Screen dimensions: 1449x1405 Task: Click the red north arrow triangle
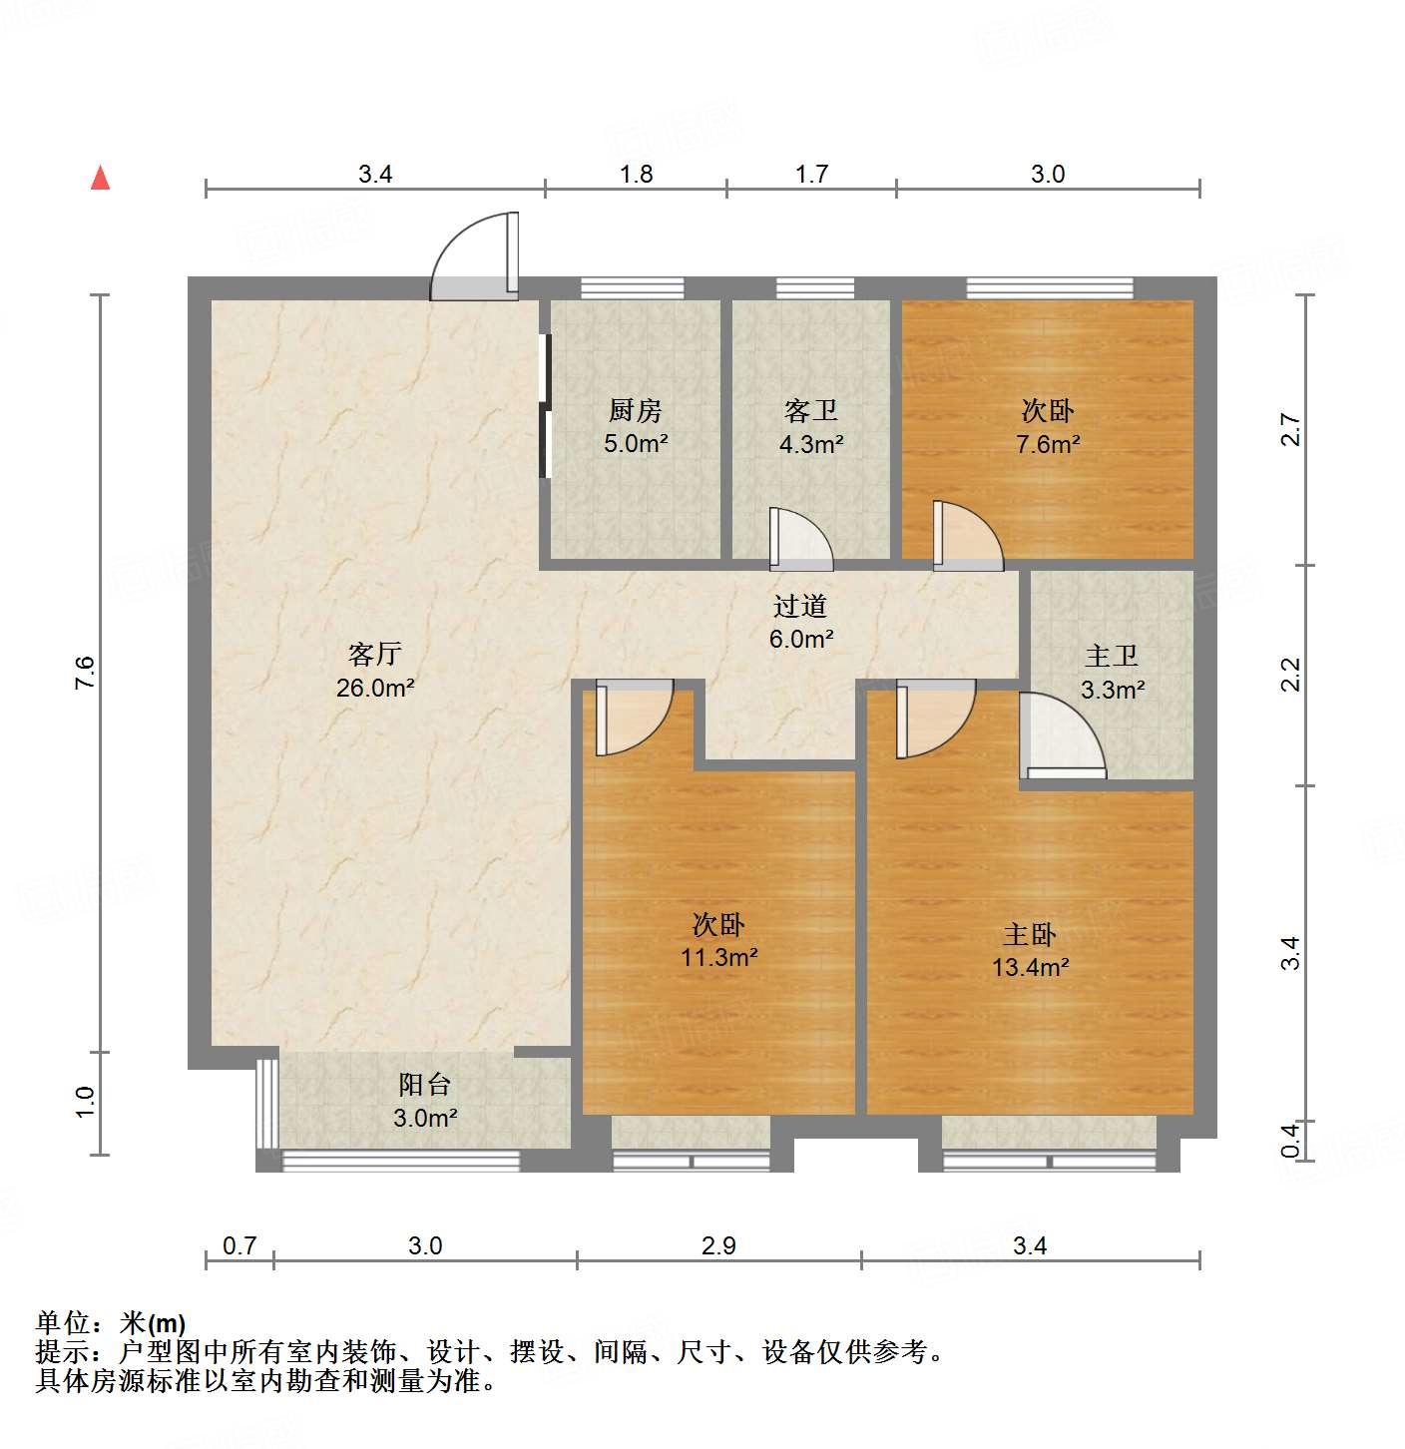[x=100, y=178]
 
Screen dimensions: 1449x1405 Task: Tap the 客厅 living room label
[x=375, y=654]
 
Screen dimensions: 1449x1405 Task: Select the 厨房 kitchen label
[x=635, y=410]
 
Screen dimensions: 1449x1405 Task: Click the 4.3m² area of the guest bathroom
[x=811, y=444]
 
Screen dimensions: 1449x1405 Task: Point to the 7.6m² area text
[x=1048, y=444]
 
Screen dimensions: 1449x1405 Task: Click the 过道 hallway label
[x=800, y=606]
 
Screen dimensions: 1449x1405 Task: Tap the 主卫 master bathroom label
[x=1112, y=656]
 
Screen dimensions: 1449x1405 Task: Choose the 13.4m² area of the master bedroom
[x=1030, y=967]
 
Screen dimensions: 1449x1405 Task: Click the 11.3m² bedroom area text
[x=718, y=958]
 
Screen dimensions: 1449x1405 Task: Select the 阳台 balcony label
[x=425, y=1084]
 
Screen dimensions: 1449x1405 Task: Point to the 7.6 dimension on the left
[x=86, y=673]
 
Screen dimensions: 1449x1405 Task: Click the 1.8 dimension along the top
[x=636, y=175]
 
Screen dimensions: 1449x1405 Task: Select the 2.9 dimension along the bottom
[x=718, y=1245]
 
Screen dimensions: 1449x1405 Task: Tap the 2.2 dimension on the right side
[x=1291, y=675]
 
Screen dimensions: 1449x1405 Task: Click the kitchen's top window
[x=633, y=288]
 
